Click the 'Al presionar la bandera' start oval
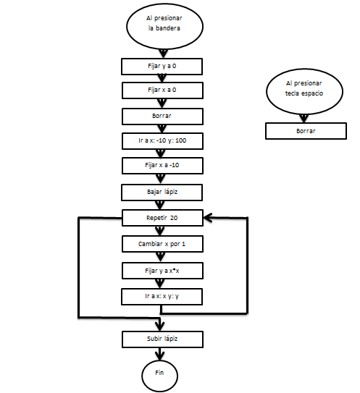click(164, 26)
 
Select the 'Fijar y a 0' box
click(162, 67)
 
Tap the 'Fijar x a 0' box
click(162, 90)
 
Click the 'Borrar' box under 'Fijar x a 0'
click(162, 117)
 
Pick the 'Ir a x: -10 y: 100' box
click(162, 141)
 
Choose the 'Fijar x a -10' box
click(162, 166)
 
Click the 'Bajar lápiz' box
click(162, 193)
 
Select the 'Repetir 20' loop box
click(162, 218)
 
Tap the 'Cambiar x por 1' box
click(162, 244)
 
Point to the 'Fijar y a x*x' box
click(162, 271)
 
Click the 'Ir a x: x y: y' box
click(162, 297)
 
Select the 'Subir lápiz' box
click(162, 339)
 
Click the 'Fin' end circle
click(160, 376)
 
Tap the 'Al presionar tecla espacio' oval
click(304, 91)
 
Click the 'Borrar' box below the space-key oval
click(306, 131)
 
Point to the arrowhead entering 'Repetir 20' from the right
click(208, 218)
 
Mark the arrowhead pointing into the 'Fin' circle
click(160, 356)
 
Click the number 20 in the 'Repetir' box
click(174, 218)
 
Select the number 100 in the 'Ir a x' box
click(180, 140)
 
